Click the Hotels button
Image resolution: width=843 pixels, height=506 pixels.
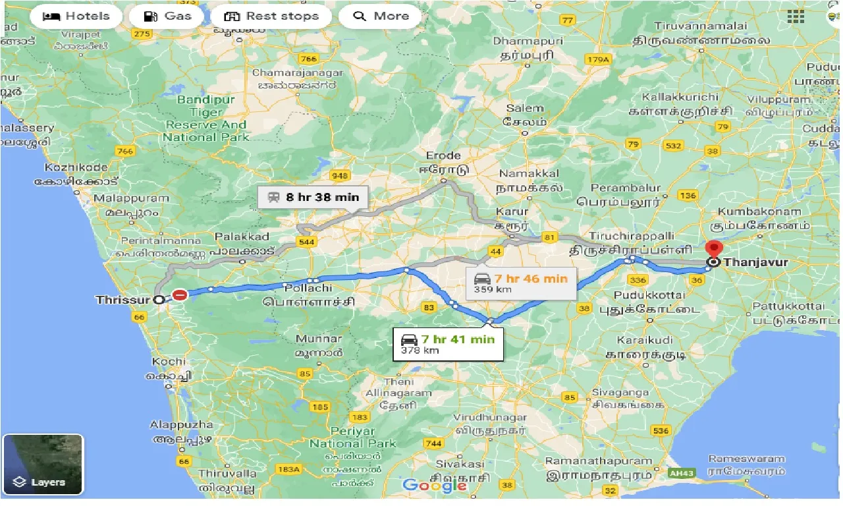[76, 16]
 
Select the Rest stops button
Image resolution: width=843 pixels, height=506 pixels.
[271, 16]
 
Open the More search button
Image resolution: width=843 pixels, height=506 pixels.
[381, 16]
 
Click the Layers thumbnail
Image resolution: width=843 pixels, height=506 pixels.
[43, 464]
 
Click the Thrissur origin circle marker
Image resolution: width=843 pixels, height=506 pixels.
[159, 300]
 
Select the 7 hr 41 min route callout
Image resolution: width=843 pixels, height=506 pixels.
[448, 344]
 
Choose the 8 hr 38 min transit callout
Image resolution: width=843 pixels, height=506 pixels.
[313, 197]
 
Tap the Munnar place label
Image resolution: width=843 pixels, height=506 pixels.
[319, 339]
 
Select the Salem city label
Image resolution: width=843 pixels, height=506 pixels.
[524, 108]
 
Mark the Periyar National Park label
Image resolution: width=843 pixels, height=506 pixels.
[352, 437]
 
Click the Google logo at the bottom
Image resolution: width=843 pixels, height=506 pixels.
[434, 486]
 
